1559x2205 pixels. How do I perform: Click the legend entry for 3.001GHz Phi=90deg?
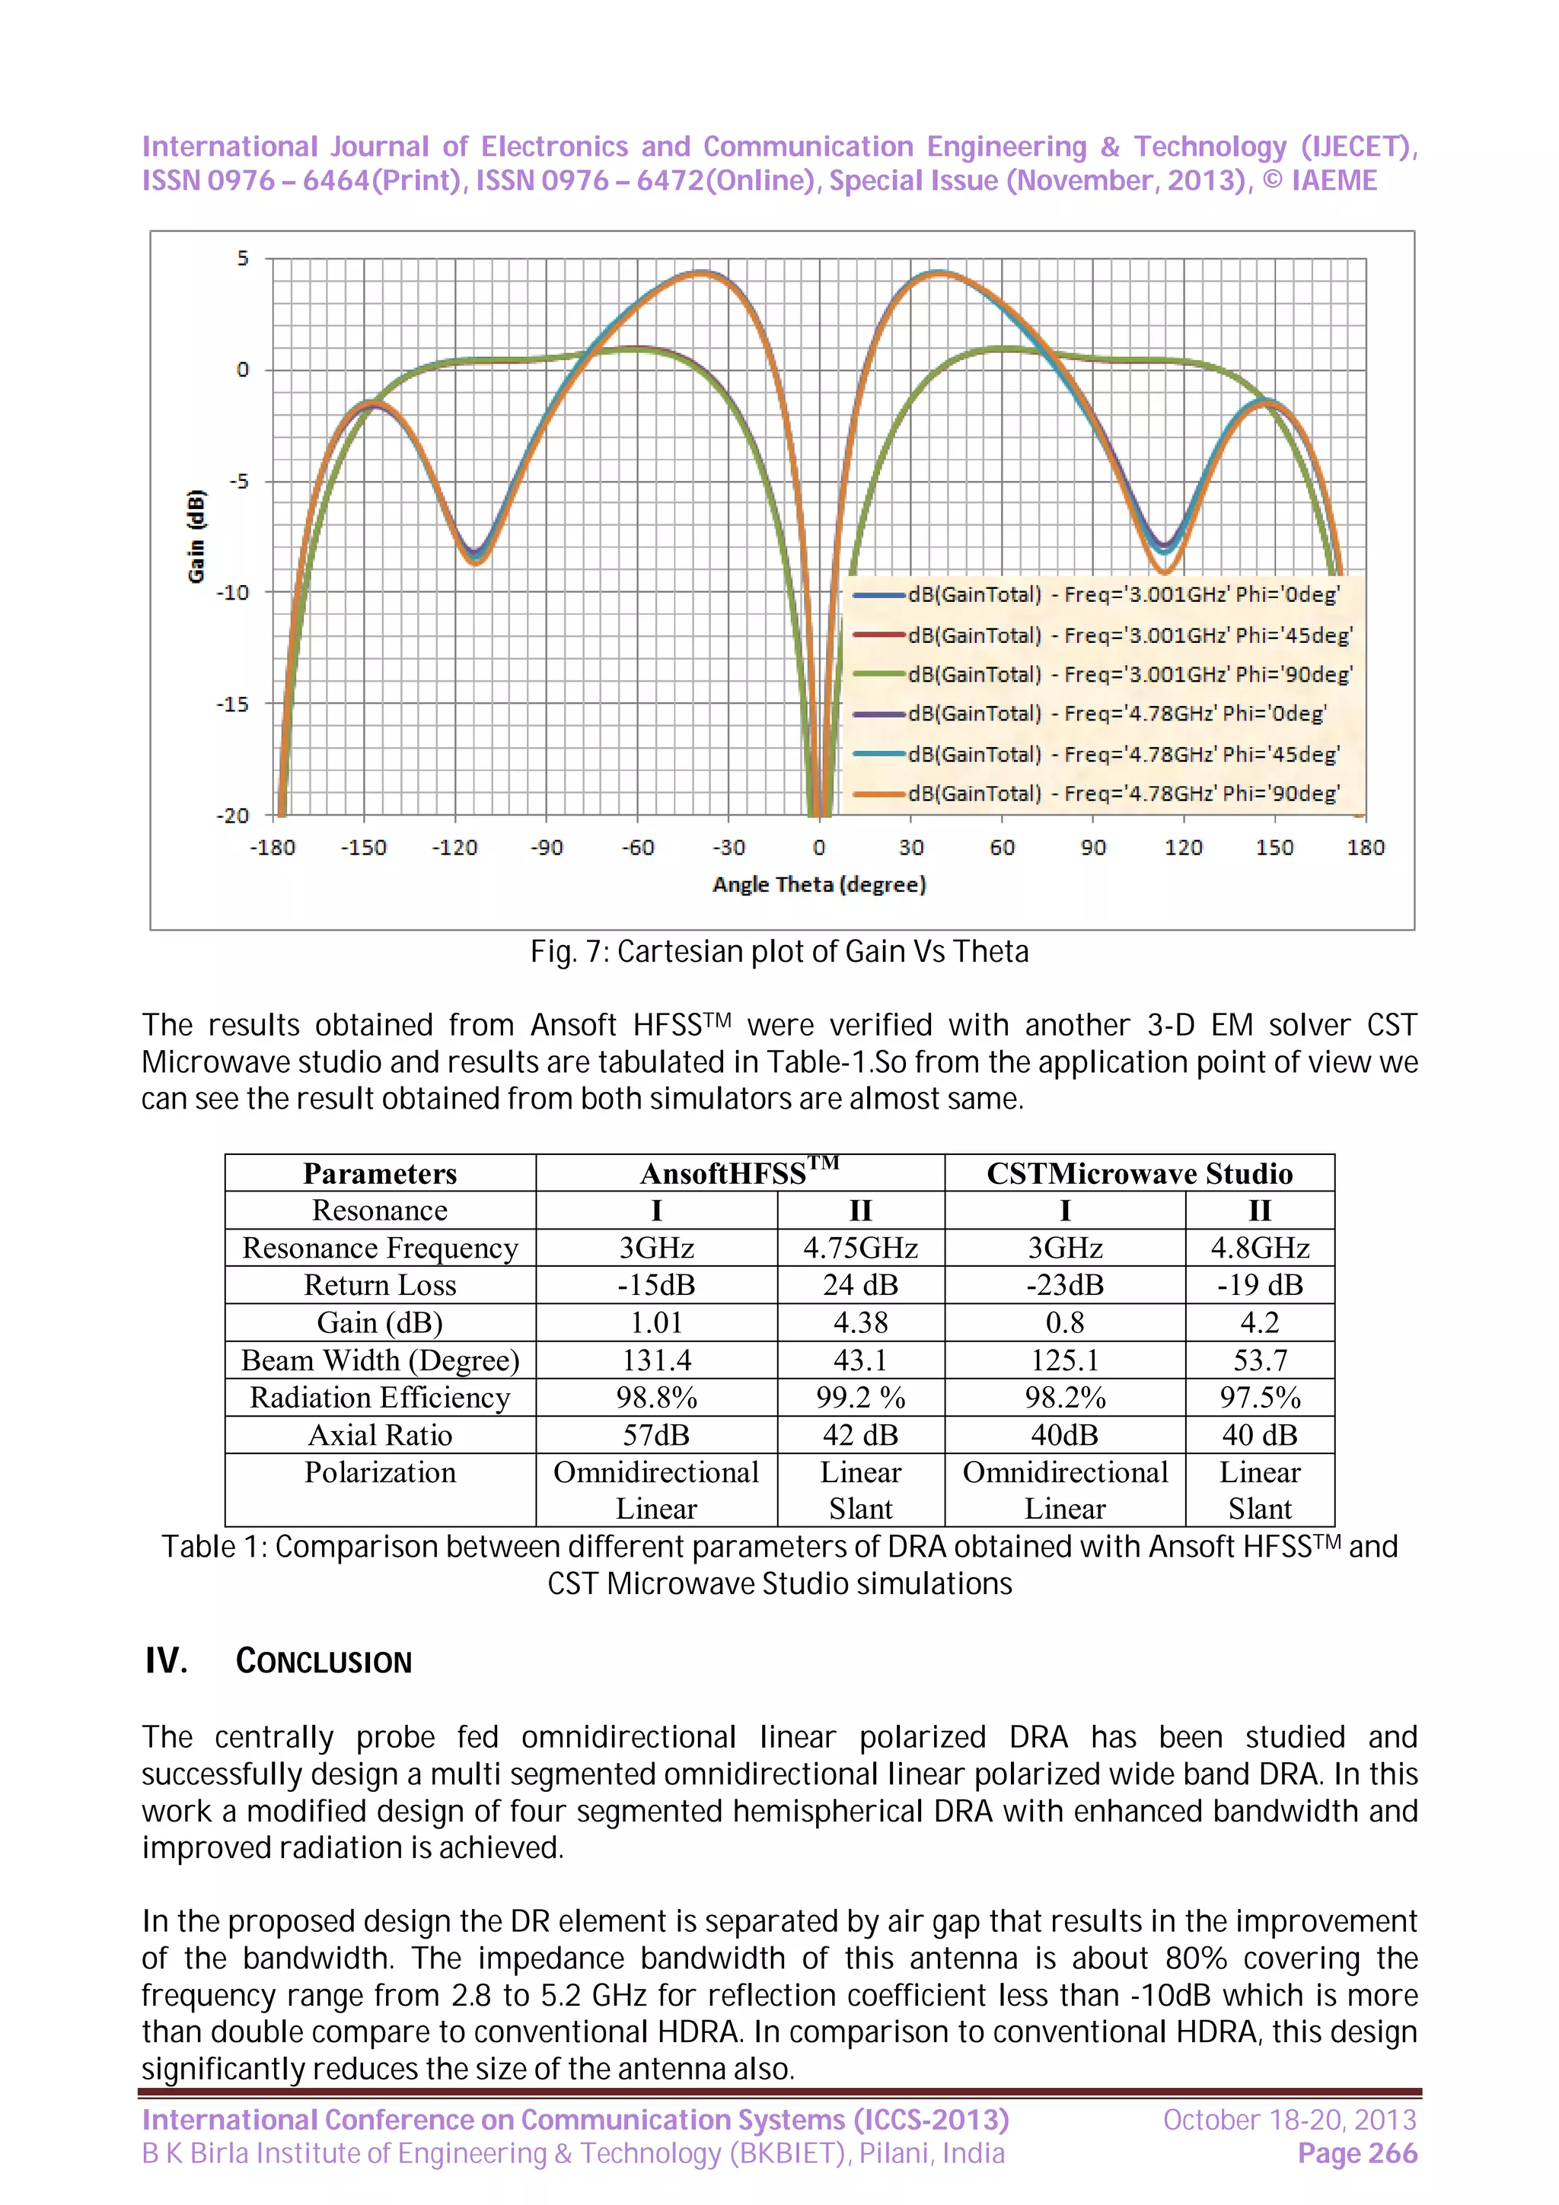point(1129,674)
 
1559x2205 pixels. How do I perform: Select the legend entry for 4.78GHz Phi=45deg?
point(1122,754)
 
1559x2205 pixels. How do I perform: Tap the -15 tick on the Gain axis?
point(232,704)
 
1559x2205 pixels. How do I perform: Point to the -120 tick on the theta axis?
point(454,847)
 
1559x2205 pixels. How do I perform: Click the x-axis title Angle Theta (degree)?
point(818,884)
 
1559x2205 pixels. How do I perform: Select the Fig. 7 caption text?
point(779,952)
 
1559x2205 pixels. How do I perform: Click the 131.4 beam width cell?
point(656,1360)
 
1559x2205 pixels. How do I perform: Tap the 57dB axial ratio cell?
point(656,1435)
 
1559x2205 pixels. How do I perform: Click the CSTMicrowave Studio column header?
point(1140,1173)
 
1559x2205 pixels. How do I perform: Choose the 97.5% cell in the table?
point(1259,1397)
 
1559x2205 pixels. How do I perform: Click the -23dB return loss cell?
point(1064,1285)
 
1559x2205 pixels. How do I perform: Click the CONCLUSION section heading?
point(323,1662)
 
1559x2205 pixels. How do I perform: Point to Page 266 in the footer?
point(1357,2154)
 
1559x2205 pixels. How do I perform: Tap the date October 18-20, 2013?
point(1289,2120)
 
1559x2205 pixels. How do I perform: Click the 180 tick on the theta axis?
point(1365,847)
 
